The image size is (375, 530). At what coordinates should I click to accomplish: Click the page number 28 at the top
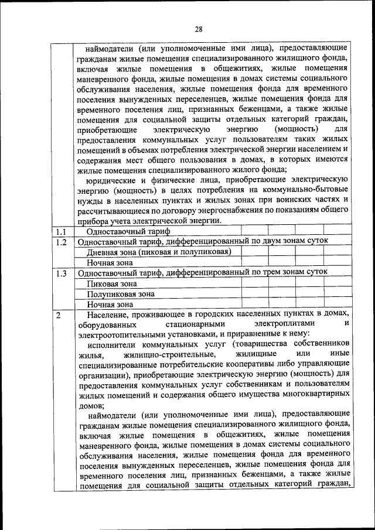(199, 30)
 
